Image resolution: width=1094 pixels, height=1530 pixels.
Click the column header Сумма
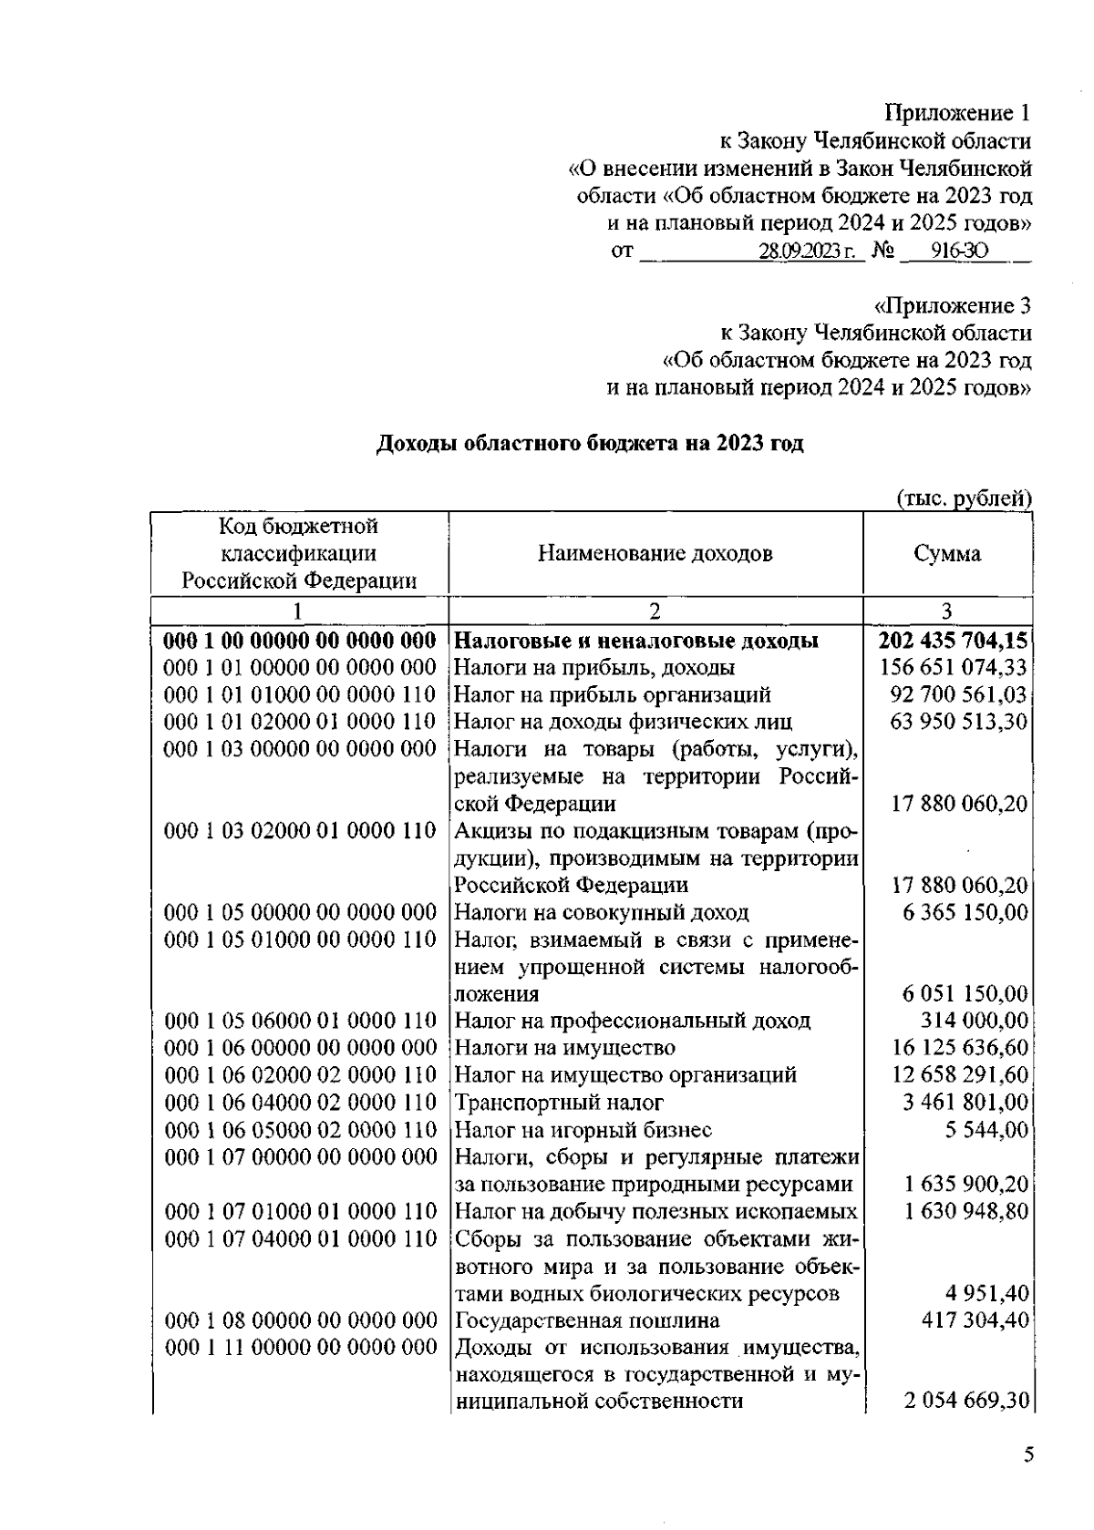pos(947,554)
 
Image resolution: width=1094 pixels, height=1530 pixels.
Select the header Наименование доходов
pos(655,554)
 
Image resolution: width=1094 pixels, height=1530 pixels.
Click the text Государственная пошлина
pos(586,1320)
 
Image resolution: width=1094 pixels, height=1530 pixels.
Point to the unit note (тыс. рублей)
pos(965,498)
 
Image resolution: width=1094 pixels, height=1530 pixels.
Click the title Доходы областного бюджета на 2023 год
pos(590,444)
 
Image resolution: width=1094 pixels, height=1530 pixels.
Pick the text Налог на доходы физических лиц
pos(623,723)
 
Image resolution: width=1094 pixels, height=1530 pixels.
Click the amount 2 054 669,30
pos(966,1402)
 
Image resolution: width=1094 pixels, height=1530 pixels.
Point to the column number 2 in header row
pos(655,611)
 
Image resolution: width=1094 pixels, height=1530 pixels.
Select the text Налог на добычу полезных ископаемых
pos(655,1212)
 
